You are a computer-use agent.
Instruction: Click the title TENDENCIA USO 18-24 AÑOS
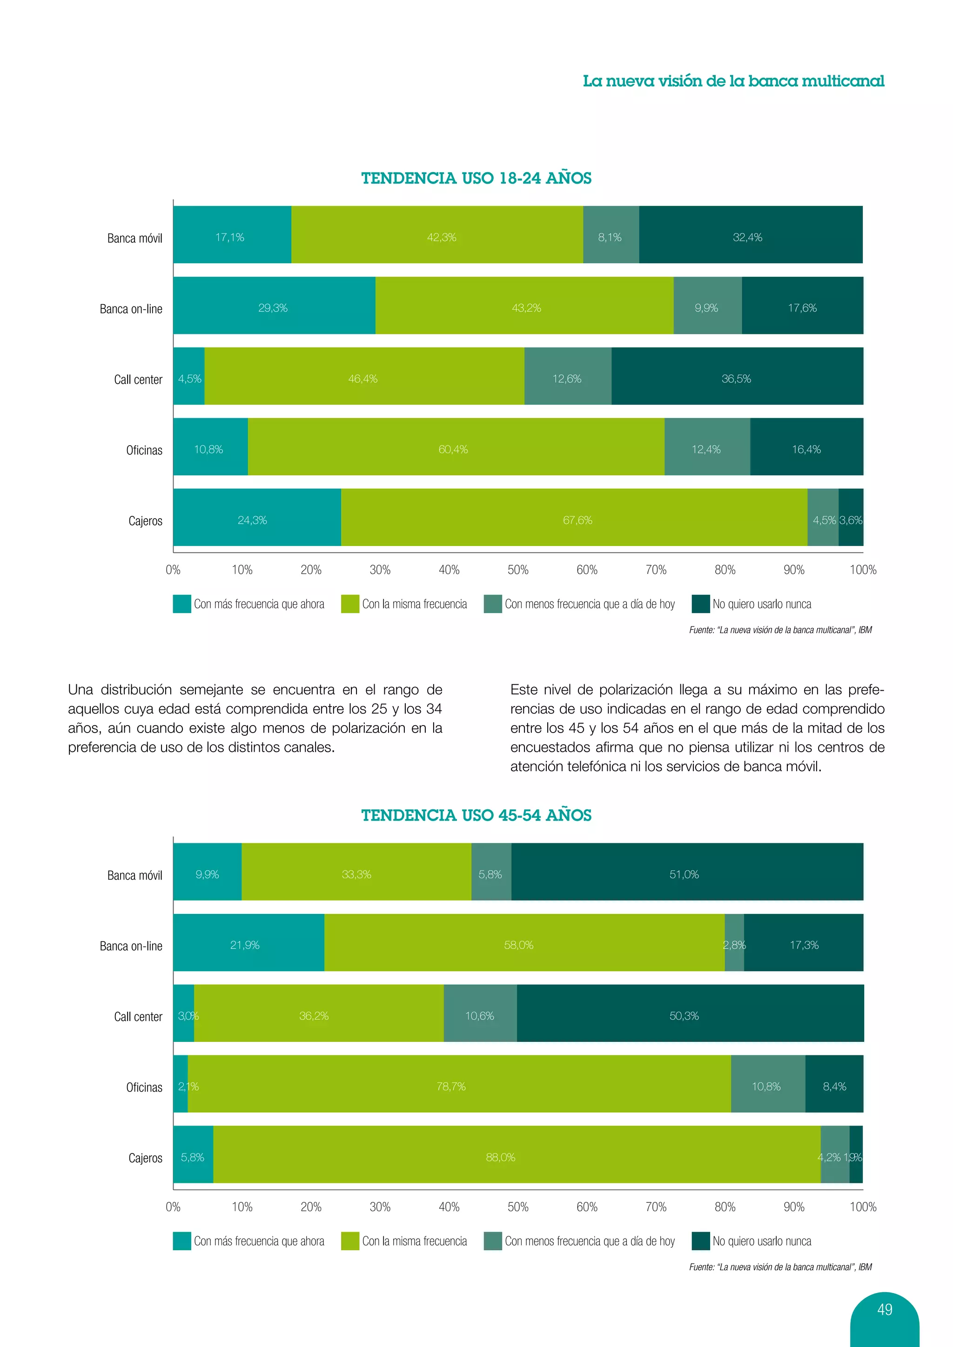476,178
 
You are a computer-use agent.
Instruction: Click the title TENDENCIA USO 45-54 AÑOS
476,815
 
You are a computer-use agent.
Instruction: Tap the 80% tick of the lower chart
725,1207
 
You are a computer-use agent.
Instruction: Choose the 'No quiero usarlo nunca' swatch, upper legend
701,604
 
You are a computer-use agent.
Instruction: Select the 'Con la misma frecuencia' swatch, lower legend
350,1241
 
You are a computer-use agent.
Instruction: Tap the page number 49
884,1309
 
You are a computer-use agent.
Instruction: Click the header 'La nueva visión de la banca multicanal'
733,81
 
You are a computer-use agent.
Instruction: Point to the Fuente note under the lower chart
780,1267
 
